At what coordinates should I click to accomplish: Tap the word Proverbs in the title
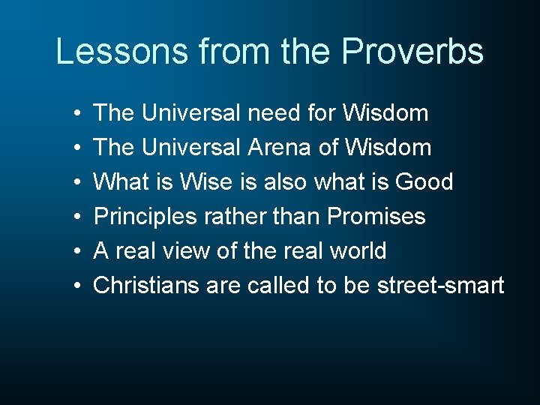(412, 52)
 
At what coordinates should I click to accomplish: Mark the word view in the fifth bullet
(185, 251)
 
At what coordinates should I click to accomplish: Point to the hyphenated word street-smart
(441, 286)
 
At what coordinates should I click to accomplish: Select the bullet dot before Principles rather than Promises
(78, 217)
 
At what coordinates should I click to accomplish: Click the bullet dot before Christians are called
(78, 286)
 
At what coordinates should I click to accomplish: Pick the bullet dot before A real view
(78, 252)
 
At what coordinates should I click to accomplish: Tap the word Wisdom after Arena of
(388, 148)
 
